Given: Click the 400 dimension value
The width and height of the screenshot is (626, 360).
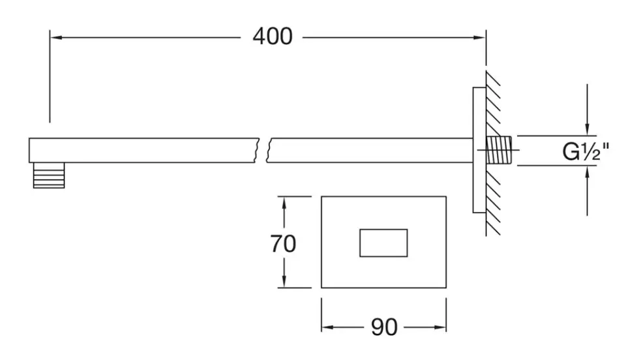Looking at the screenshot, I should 272,37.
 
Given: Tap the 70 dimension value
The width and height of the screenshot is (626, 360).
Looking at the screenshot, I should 283,243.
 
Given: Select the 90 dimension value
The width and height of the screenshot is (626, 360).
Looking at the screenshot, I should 384,327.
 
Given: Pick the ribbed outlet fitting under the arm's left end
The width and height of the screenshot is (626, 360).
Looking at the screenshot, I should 49,175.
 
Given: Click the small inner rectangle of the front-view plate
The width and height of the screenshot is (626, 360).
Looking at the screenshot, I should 383,243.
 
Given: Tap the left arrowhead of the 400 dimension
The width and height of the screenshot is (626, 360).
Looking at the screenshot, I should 55,37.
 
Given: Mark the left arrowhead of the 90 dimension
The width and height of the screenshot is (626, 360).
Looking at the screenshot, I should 327,327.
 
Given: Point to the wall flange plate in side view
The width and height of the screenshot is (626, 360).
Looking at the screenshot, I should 479,150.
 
